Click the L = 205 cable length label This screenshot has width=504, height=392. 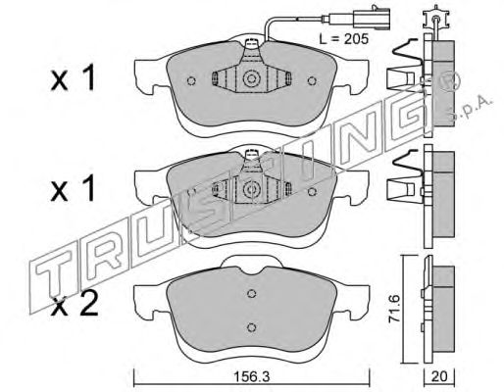pos(344,39)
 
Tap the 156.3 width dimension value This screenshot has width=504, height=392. pos(251,377)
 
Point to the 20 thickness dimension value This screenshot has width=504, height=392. pos(439,377)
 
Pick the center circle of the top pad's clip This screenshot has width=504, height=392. pos(251,78)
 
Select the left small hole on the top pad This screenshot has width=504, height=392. pos(191,80)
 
